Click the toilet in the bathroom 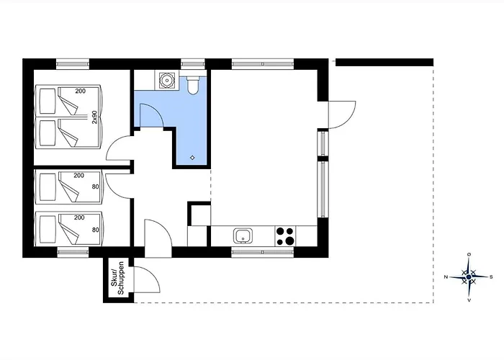pos(192,85)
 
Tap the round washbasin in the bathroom pos(167,81)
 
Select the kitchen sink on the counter pos(243,235)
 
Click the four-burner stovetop pos(285,236)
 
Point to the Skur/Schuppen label pos(117,279)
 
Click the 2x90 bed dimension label pos(94,117)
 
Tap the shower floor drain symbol pos(192,158)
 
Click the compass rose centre pos(469,276)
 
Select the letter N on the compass pos(446,276)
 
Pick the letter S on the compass pos(491,276)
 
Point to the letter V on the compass pos(469,300)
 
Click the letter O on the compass pos(469,255)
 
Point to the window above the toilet pos(192,63)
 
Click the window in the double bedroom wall pos(73,63)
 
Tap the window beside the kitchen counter pos(263,252)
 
